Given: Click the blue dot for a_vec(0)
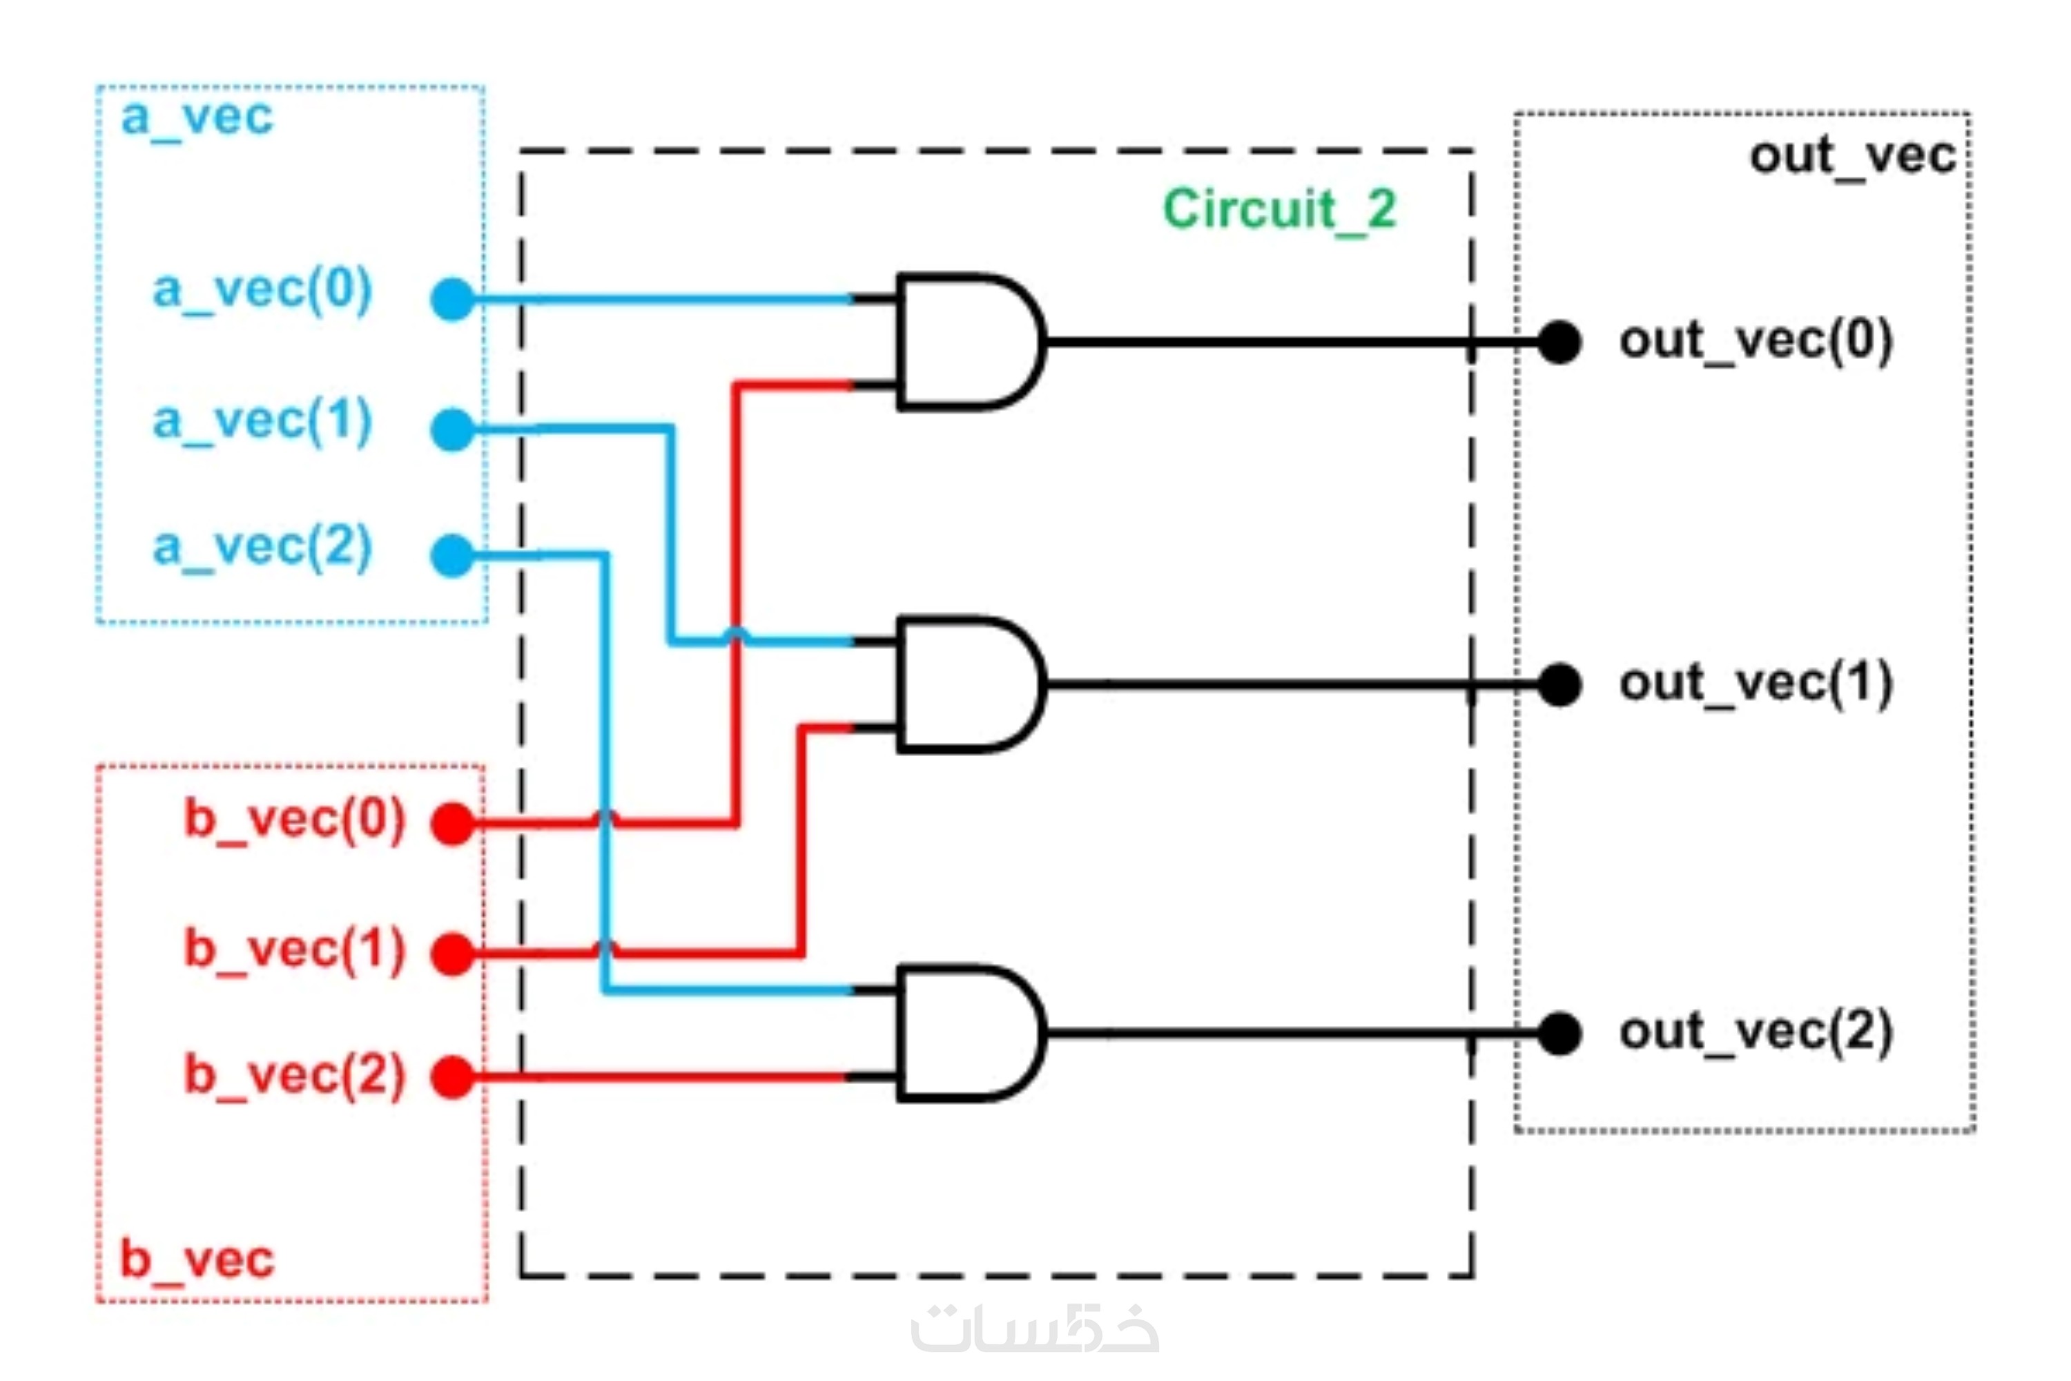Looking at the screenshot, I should click(453, 300).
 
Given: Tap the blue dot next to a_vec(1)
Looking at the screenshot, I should click(453, 429).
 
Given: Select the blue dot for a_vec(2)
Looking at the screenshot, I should click(453, 556).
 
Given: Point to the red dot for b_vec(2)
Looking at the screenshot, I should click(453, 1076).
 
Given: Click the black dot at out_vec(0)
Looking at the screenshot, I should click(1559, 342).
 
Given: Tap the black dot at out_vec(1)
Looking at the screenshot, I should click(1559, 684).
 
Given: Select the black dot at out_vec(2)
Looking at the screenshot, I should click(1559, 1033).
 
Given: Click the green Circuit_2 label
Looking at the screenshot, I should click(1279, 211).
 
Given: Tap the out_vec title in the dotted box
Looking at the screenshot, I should click(1851, 157).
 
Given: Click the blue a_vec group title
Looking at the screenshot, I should click(197, 117).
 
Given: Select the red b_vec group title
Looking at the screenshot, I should click(197, 1259).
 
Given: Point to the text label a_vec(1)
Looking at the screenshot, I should click(262, 421).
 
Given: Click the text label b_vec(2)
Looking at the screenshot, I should click(294, 1075).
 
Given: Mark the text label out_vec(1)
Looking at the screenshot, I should click(1756, 684).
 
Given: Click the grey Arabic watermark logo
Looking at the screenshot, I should click(1035, 1329).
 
